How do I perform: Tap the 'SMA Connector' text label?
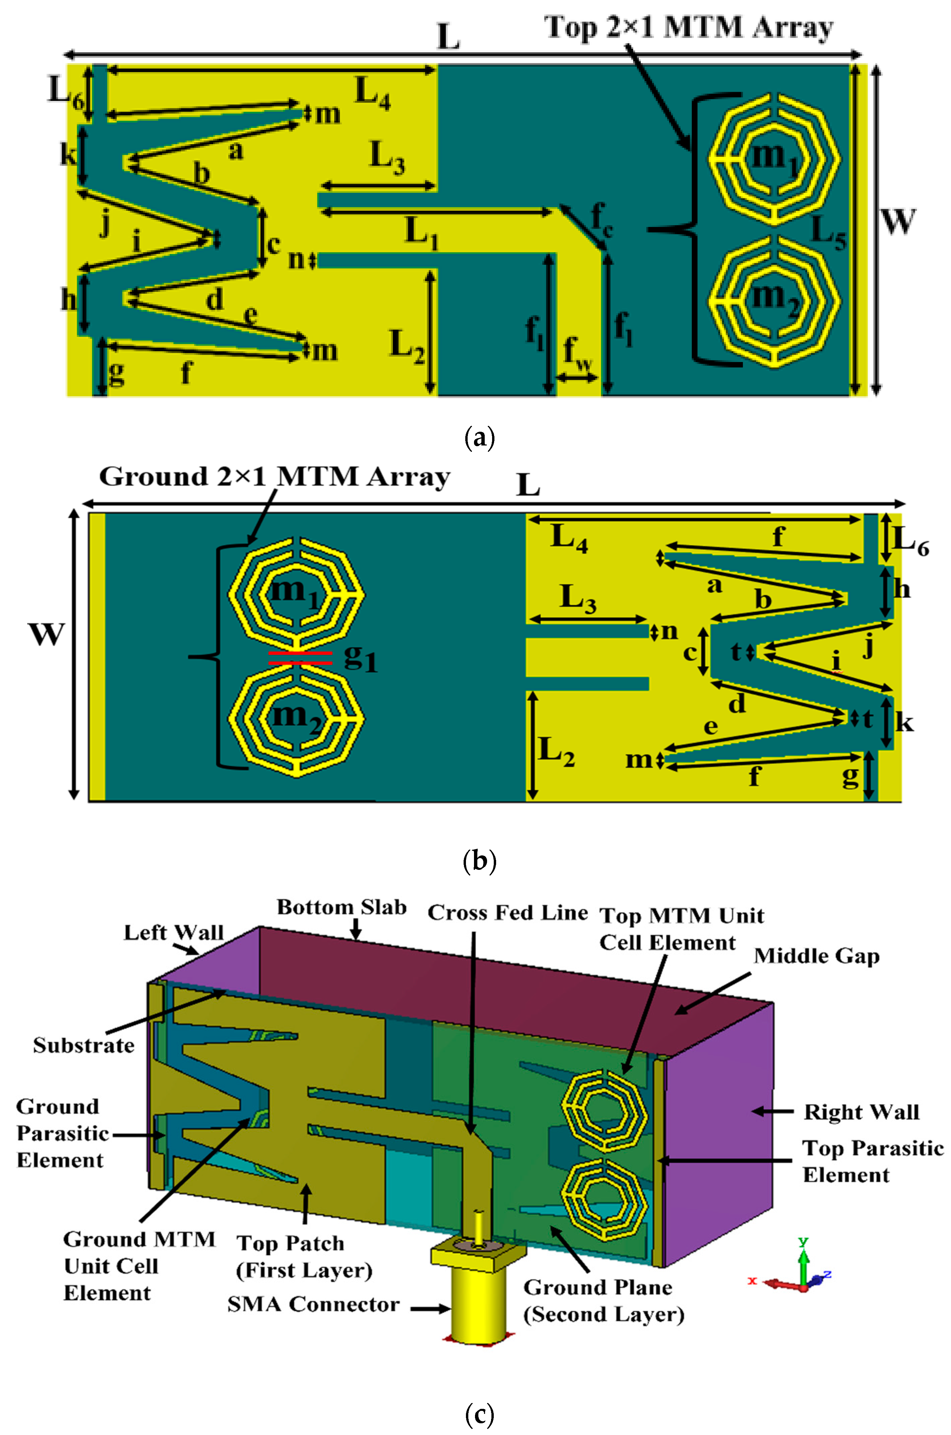[x=313, y=1304]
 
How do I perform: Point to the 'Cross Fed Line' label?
[x=508, y=913]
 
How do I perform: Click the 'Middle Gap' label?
[x=816, y=956]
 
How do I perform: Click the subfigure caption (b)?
[x=479, y=861]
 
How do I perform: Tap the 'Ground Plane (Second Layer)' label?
[x=603, y=1300]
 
